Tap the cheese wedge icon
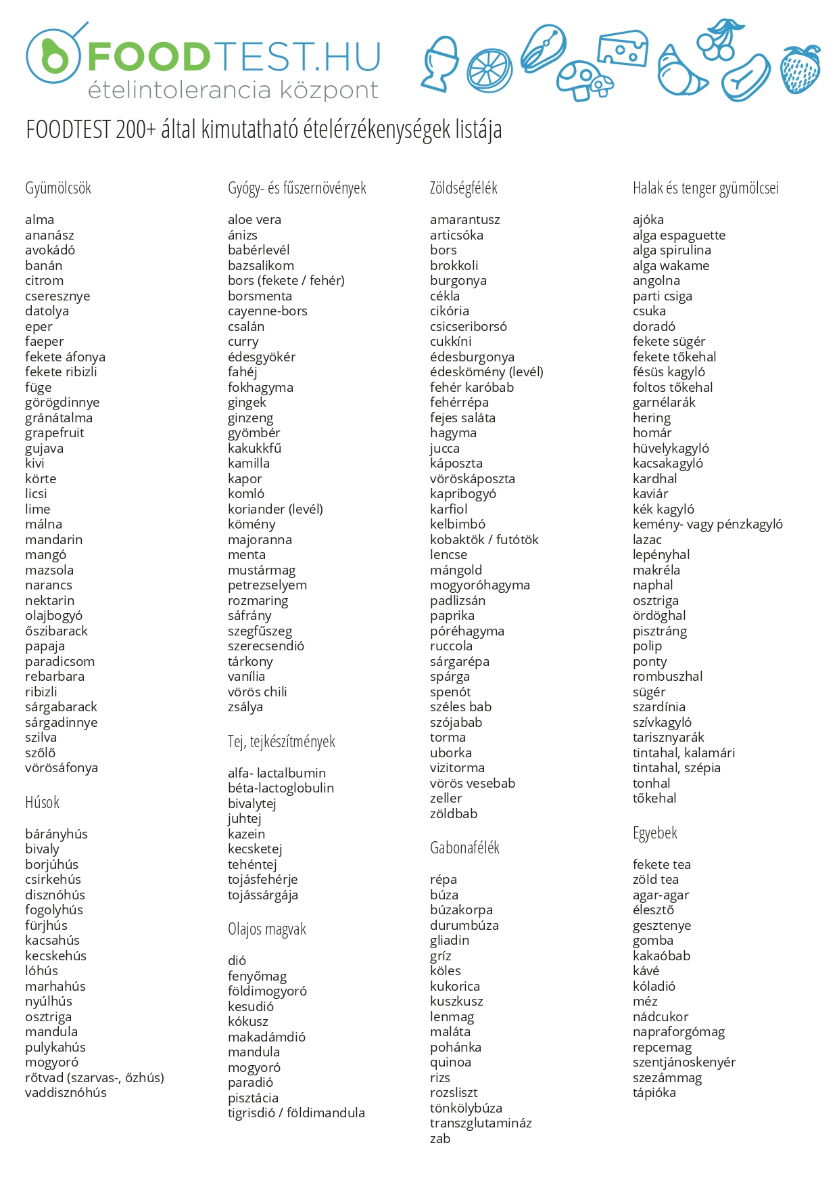pos(622,48)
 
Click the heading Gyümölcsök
pos(58,188)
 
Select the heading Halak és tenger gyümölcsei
pos(705,188)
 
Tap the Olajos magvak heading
pos(266,929)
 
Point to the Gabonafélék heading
pos(464,848)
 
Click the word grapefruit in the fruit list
pos(55,432)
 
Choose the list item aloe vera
pos(254,219)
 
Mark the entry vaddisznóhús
pos(66,1092)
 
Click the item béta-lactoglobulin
pos(281,788)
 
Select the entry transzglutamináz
pos(481,1123)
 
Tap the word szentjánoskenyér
pos(684,1062)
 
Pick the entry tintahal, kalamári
pos(684,753)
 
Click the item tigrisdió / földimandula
pos(296,1113)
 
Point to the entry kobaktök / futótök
pos(484,539)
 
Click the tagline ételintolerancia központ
pos(233,90)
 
